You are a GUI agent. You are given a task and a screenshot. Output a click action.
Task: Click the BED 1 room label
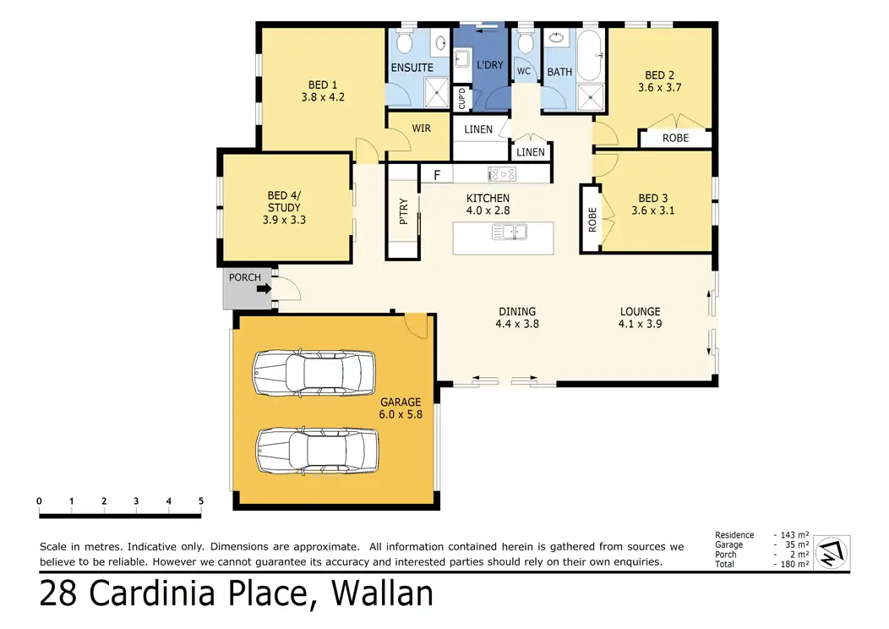[323, 85]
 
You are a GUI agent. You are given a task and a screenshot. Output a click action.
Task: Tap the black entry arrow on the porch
[265, 288]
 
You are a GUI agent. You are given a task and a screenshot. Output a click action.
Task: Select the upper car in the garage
[314, 373]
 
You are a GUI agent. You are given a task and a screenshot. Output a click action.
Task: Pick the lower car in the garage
[317, 451]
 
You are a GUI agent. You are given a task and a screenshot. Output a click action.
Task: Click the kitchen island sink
[510, 232]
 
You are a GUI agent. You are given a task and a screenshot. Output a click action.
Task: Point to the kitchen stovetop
[502, 174]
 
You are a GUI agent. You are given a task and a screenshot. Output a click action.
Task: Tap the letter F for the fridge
[437, 175]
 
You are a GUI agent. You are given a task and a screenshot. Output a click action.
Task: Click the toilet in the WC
[526, 42]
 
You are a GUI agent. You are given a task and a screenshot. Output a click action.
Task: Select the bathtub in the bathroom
[592, 56]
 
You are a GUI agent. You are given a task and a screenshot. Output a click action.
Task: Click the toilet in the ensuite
[404, 41]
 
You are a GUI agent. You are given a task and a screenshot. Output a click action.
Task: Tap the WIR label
[421, 129]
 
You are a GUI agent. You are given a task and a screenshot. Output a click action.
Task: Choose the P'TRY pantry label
[404, 211]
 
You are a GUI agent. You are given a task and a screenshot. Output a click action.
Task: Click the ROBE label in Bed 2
[675, 138]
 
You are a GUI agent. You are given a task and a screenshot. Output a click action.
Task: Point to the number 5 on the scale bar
[201, 500]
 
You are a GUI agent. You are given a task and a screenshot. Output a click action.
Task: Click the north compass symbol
[832, 552]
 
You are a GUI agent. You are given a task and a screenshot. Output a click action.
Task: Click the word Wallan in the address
[382, 593]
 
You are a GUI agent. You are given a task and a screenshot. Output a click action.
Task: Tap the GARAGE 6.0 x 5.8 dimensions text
[401, 414]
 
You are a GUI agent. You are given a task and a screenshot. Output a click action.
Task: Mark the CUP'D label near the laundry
[461, 98]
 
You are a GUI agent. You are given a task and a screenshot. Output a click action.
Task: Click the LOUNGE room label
[640, 311]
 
